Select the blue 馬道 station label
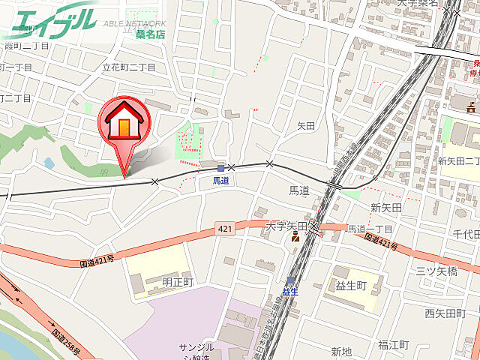tap(220, 181)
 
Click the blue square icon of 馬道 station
tap(220, 169)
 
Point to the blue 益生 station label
tap(290, 292)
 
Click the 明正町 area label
tap(178, 282)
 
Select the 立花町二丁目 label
tap(128, 67)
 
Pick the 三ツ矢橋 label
tap(441, 271)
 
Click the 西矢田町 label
tap(445, 313)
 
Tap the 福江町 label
tap(393, 344)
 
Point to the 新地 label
tap(341, 351)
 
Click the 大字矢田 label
tap(287, 225)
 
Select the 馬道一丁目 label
tap(370, 229)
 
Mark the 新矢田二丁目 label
tap(458, 161)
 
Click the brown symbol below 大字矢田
tap(295, 238)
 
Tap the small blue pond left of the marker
tap(49, 163)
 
